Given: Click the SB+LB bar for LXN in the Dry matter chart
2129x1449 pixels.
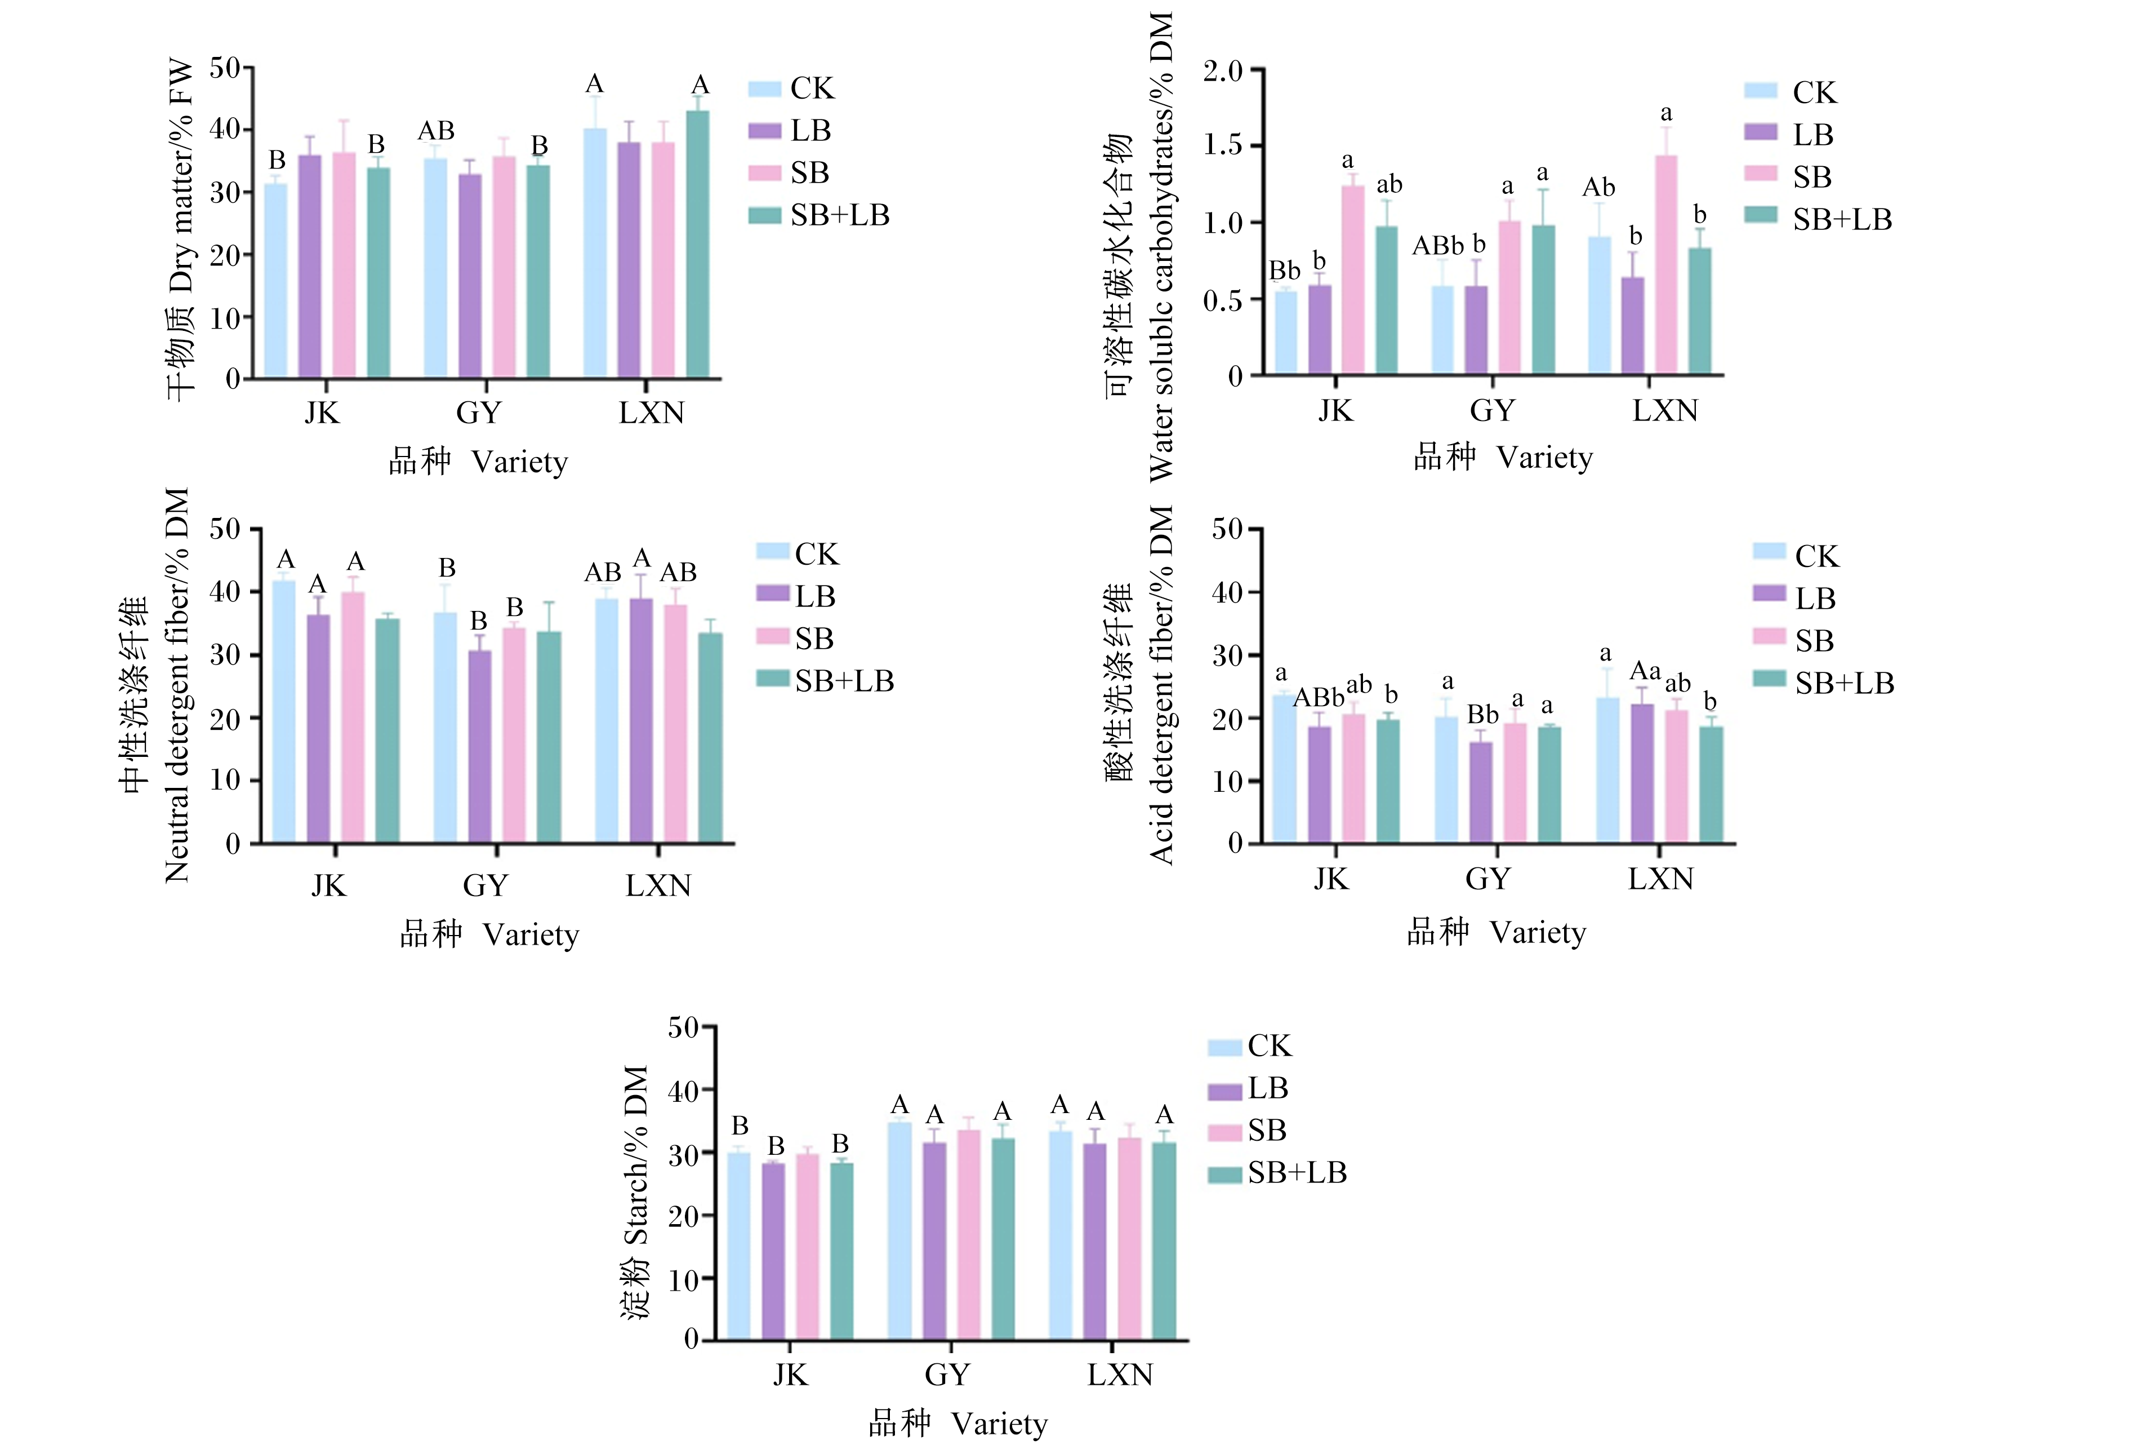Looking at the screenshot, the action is pyautogui.click(x=697, y=245).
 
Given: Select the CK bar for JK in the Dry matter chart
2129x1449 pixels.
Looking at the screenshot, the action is pyautogui.click(x=276, y=281).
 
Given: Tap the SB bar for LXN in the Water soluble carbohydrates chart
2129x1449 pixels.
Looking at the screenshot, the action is pyautogui.click(x=1667, y=265).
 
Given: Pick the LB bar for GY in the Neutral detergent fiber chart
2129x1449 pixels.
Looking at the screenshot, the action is pyautogui.click(x=479, y=746).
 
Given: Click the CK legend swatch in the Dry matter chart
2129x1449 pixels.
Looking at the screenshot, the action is pyautogui.click(x=765, y=89).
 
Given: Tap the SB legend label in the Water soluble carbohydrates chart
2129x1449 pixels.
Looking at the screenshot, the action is pyautogui.click(x=1812, y=177).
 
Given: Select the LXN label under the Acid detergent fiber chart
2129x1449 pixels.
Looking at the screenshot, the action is pyautogui.click(x=1661, y=879).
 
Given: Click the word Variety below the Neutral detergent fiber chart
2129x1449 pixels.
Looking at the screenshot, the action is pyautogui.click(x=531, y=936).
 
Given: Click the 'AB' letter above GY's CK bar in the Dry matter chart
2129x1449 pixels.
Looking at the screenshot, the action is pyautogui.click(x=436, y=131).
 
